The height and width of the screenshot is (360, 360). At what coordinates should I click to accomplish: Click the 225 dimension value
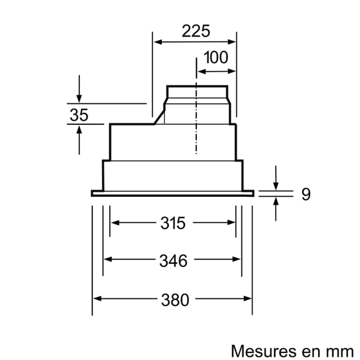coord(196,31)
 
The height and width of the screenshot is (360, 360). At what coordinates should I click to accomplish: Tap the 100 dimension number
coord(216,57)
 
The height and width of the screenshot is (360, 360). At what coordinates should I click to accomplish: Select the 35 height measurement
coord(79,115)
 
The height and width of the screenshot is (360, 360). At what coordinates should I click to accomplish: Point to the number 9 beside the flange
coord(306,194)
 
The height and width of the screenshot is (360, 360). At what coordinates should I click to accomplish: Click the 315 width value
coord(173,223)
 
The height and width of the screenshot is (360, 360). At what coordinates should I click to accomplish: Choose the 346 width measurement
coord(173,261)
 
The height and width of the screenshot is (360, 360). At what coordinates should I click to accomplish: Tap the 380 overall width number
coord(175,300)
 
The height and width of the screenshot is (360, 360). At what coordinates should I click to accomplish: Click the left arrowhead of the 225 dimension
coord(158,42)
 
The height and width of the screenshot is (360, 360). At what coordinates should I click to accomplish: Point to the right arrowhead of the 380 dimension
coord(247,298)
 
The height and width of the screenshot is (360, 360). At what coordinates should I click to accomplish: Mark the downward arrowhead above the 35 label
coord(79,99)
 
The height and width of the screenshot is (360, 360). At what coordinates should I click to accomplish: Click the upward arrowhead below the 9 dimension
coord(276,201)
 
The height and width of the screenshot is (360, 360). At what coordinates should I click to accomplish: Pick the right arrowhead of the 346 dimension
coord(236,259)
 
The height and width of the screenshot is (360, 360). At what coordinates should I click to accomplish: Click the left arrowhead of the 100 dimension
coord(202,72)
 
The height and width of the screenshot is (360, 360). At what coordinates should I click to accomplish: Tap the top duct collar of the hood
coord(197,92)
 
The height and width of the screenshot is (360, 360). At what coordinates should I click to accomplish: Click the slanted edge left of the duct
coord(159,117)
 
